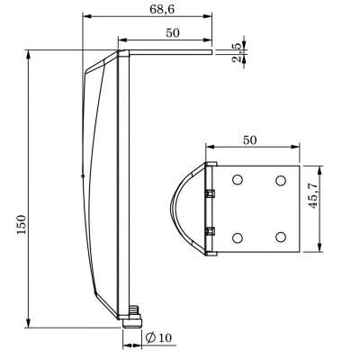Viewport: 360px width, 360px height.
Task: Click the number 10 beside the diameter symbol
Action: click(166, 337)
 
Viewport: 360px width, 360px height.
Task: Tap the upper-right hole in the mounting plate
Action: click(280, 181)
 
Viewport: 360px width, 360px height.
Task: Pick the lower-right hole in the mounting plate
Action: click(280, 237)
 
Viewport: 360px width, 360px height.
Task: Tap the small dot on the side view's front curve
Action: click(82, 176)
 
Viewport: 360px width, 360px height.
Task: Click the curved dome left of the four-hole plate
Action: click(184, 207)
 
